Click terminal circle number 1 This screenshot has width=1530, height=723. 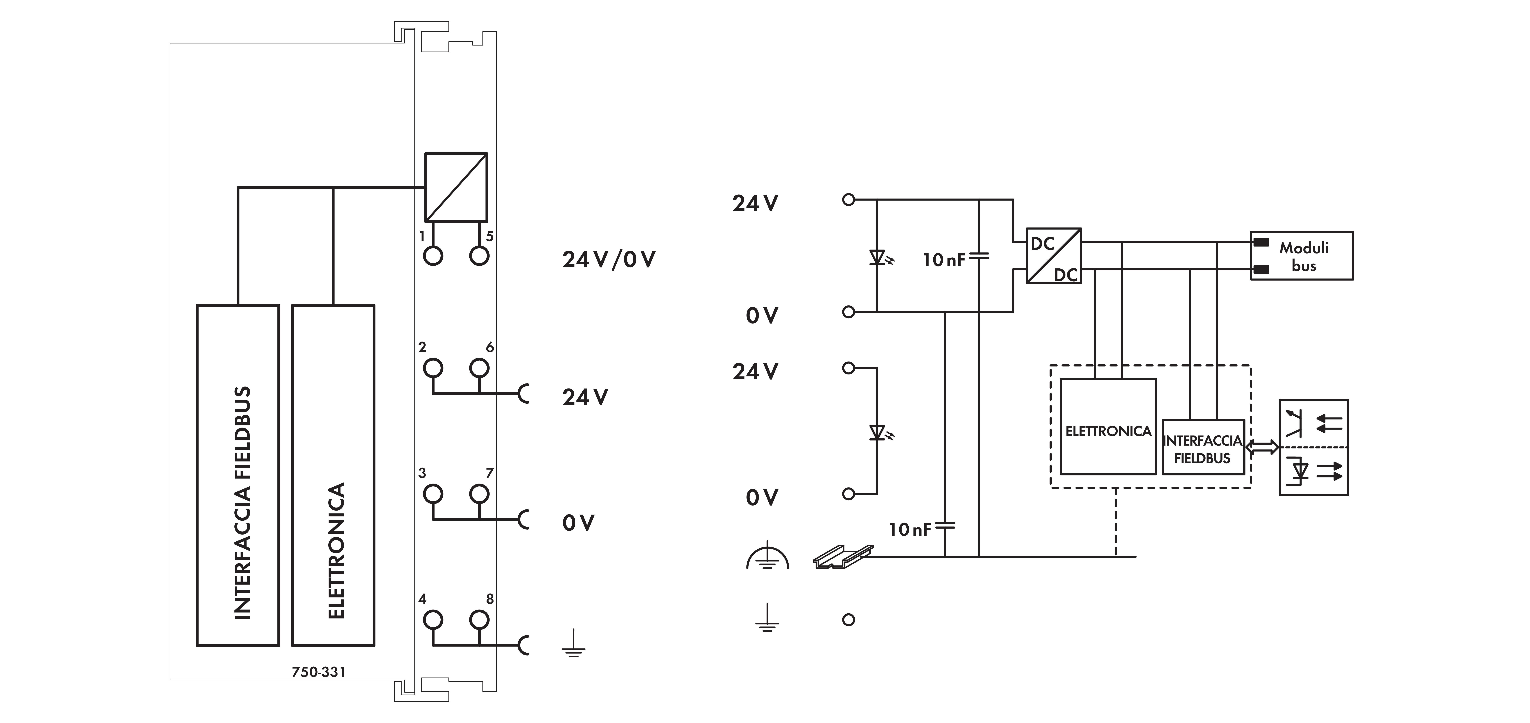pyautogui.click(x=433, y=256)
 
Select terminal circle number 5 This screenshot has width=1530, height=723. pyautogui.click(x=479, y=256)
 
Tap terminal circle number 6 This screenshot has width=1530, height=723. pyautogui.click(x=479, y=368)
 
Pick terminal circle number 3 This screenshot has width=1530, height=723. pyautogui.click(x=433, y=494)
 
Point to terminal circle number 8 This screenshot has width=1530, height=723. pyautogui.click(x=479, y=620)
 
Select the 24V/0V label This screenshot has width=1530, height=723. pyautogui.click(x=609, y=260)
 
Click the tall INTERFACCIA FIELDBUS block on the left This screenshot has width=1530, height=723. pyautogui.click(x=238, y=475)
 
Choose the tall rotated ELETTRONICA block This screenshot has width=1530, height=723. pyautogui.click(x=333, y=475)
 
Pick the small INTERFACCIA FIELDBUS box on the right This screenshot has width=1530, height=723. pyautogui.click(x=1203, y=447)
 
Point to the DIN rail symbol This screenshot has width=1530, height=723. pyautogui.click(x=842, y=557)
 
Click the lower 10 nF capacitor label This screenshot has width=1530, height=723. pyautogui.click(x=909, y=529)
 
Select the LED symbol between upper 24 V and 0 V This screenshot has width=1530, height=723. pyautogui.click(x=878, y=258)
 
